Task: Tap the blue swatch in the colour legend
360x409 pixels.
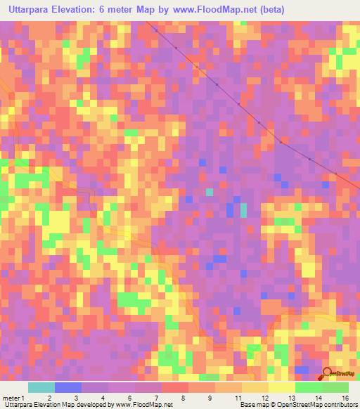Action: click(67, 388)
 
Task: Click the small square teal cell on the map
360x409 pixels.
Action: click(209, 191)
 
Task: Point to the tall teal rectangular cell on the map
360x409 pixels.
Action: click(243, 210)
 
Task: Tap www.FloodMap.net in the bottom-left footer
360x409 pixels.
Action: click(145, 405)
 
